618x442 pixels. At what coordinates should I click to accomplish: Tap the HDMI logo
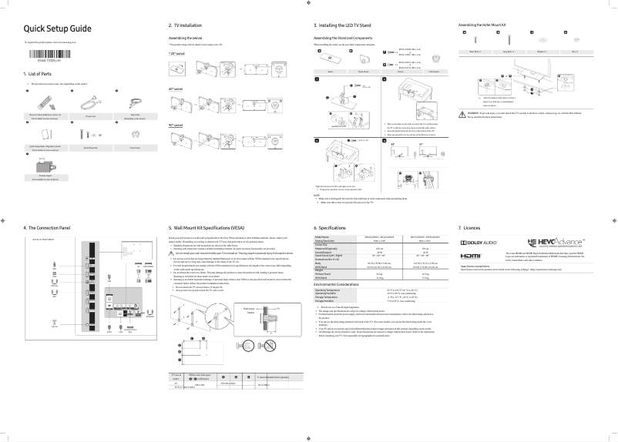(471, 256)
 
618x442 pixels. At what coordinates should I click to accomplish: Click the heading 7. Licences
(469, 228)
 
